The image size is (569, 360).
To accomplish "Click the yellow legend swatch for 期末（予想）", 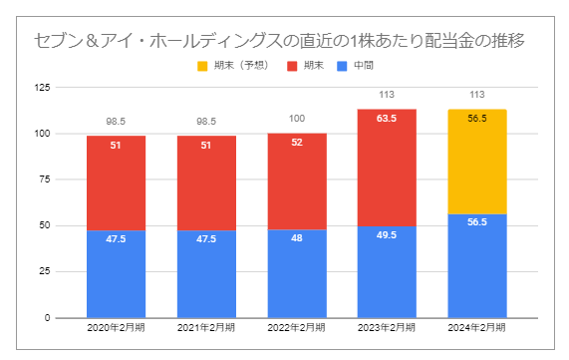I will [x=203, y=67].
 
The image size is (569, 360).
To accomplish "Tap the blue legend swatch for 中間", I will [x=344, y=67].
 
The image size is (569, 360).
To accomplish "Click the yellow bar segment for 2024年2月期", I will [x=476, y=162].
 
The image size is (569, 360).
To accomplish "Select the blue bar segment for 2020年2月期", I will [x=116, y=274].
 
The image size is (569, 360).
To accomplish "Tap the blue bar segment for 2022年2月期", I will [x=296, y=274].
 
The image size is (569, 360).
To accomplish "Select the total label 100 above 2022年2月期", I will [x=296, y=119].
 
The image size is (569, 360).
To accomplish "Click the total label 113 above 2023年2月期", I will [x=387, y=96].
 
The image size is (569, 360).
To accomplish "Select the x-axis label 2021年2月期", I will [x=206, y=328].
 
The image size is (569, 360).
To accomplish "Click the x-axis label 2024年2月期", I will [x=476, y=328].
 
